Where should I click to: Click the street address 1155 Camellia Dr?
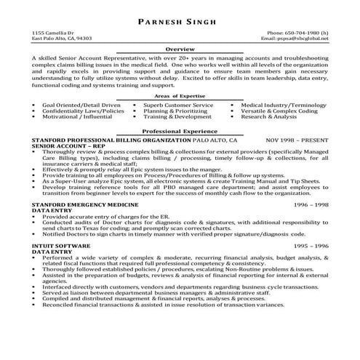click(55, 33)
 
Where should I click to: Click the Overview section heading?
click(180, 49)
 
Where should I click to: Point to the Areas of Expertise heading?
click(180, 95)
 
